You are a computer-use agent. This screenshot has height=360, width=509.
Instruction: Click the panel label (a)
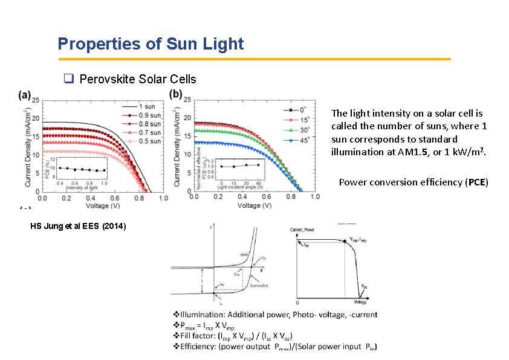25,94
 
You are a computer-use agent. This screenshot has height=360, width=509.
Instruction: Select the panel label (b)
176,94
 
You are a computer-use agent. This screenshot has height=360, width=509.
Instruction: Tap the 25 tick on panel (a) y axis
36,100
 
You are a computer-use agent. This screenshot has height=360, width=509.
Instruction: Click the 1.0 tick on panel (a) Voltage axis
163,198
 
